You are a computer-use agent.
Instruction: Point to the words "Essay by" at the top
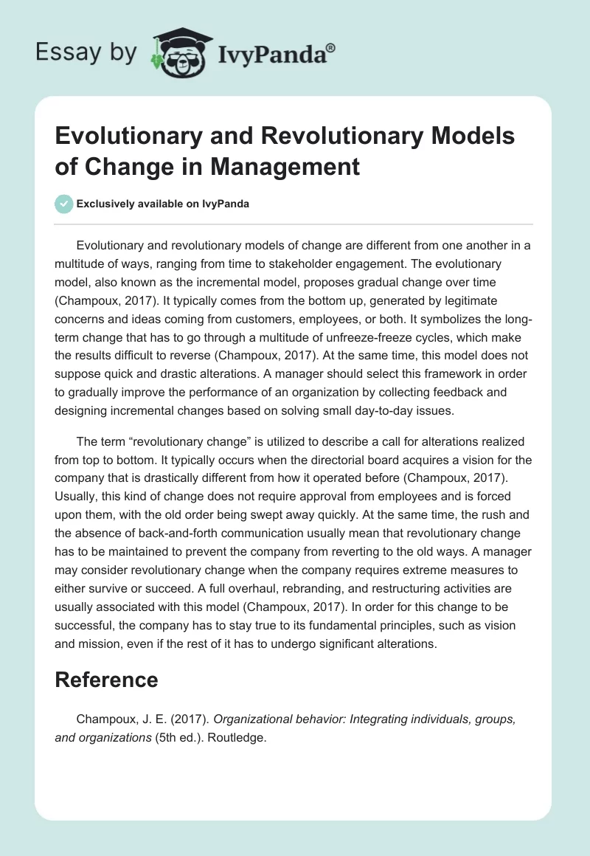(87, 52)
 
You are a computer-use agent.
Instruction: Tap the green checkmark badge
(64, 204)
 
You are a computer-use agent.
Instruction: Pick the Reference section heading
(107, 679)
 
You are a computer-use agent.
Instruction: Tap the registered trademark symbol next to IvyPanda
(331, 46)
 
